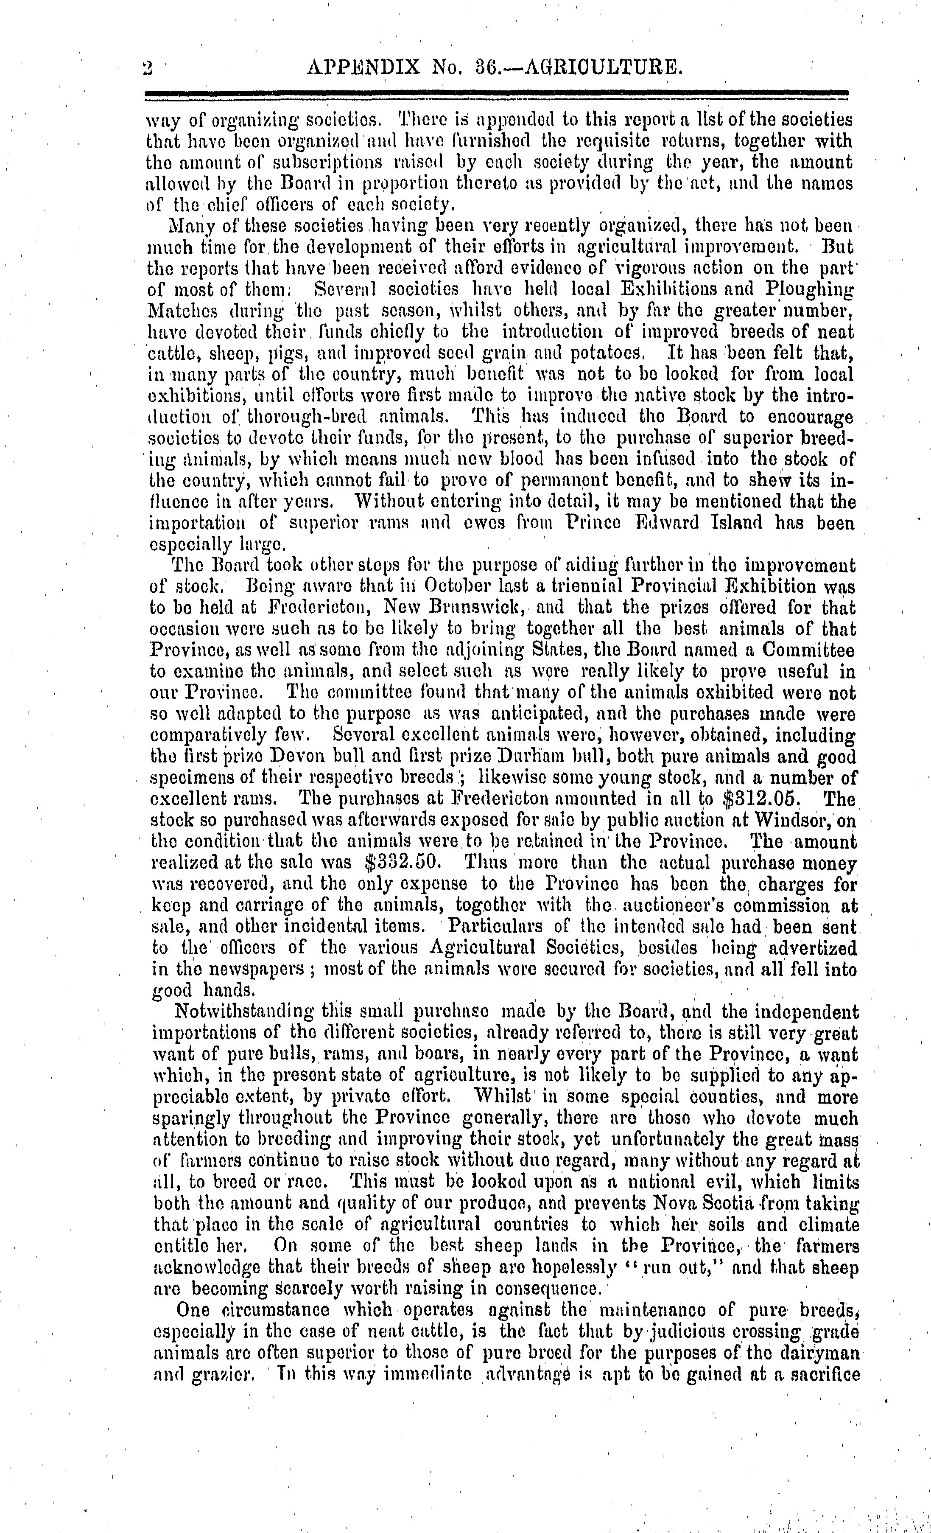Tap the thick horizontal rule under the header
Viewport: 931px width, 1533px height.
pyautogui.click(x=496, y=93)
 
